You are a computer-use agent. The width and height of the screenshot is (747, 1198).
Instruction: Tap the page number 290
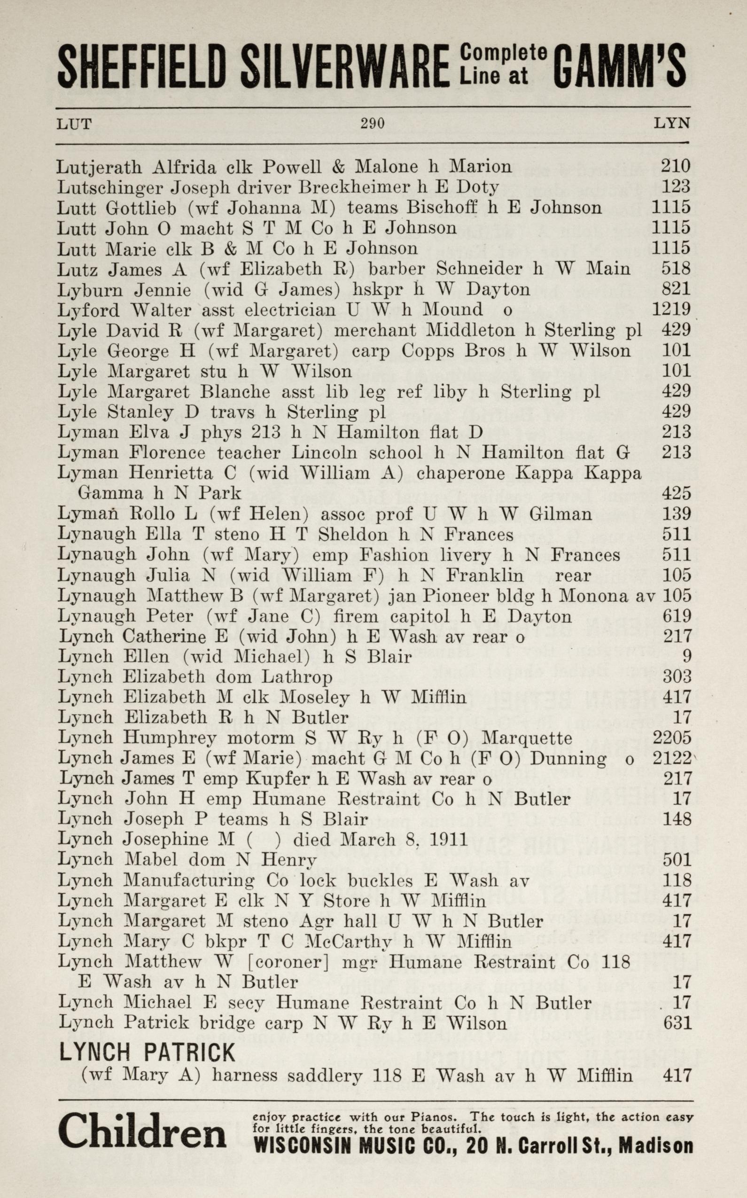point(372,124)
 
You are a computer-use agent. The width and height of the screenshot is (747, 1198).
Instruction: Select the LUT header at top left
point(74,124)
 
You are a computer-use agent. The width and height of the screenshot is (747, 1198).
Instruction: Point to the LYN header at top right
point(671,124)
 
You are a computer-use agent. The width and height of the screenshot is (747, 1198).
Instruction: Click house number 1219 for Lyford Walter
point(670,310)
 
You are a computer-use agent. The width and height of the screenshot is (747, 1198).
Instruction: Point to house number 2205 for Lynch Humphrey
point(671,738)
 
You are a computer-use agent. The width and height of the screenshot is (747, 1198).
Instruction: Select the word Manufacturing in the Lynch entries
point(189,880)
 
